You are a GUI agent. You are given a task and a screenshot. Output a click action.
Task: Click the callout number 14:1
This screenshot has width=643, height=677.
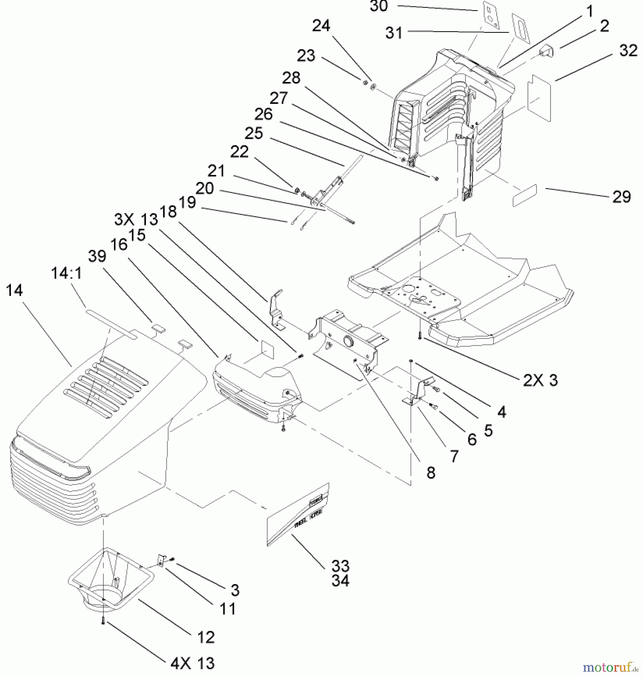pos(66,274)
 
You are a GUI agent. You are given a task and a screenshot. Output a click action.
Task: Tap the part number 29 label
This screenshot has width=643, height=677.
pos(621,197)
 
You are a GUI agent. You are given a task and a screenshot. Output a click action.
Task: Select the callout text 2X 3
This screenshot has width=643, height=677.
pos(540,381)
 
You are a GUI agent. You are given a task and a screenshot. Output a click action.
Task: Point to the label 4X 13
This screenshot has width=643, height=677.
pos(193,663)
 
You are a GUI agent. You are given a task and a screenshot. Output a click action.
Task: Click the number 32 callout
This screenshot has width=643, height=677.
pos(628,50)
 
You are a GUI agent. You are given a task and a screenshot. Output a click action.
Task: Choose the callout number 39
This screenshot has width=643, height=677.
pos(97,256)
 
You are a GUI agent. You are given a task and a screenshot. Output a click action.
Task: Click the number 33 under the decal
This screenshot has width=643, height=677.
pos(340,566)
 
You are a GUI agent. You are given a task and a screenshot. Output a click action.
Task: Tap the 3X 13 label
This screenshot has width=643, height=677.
pos(136,219)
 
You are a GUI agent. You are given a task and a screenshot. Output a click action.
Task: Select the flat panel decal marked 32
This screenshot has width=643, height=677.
pos(539,97)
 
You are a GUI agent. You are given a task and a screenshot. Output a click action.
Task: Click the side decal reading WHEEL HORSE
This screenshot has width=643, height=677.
pos(299,515)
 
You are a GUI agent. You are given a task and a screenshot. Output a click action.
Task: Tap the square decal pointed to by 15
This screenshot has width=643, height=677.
pos(266,349)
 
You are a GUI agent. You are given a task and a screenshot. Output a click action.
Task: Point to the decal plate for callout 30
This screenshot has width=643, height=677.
pos(491,14)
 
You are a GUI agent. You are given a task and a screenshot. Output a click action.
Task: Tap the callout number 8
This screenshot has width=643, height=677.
pos(431,472)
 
